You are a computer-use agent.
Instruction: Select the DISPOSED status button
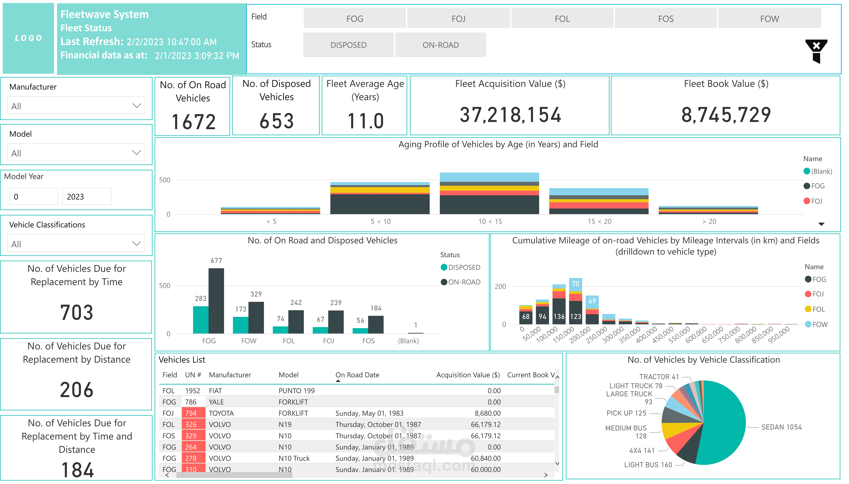click(348, 45)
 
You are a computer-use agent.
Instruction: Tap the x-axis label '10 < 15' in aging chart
click(490, 221)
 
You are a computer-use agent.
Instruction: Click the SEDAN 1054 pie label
click(781, 427)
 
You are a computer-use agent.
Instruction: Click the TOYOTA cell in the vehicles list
click(221, 413)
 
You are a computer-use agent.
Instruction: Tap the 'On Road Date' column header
click(357, 375)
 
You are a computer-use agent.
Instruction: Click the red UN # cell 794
click(191, 413)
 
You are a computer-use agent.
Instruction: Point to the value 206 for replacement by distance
click(77, 390)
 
